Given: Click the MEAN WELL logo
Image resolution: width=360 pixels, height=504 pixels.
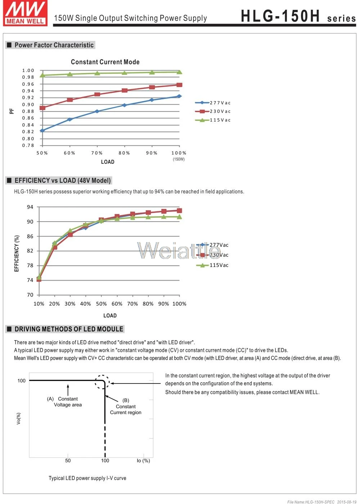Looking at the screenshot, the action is tap(25, 13).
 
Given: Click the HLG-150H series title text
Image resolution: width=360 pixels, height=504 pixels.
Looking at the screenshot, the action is tap(298, 16).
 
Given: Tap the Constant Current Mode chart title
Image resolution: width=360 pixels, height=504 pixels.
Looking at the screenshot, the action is tap(105, 62).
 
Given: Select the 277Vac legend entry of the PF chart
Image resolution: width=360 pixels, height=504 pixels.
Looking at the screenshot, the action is tap(213, 103).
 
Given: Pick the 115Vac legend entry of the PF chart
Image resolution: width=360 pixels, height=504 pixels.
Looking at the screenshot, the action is tap(213, 120).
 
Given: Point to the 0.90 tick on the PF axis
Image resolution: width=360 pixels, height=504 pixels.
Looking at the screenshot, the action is tap(28, 105).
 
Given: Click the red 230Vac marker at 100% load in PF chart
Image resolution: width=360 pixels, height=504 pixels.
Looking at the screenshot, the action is tap(179, 85).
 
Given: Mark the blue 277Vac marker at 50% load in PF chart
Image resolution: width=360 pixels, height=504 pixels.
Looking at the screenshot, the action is tap(42, 131).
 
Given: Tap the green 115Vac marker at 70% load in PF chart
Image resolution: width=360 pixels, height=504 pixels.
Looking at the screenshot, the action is tap(97, 73).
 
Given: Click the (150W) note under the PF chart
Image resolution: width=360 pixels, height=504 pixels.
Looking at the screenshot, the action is tap(179, 159).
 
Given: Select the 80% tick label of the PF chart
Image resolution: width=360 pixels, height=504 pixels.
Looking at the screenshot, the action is tap(124, 153).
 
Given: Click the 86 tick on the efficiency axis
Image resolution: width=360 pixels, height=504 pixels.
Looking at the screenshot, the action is tap(30, 236).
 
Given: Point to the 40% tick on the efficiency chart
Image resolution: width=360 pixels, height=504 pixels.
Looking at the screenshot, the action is tap(86, 304).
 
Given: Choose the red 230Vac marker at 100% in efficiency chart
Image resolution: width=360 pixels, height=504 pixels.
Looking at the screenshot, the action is tap(179, 210).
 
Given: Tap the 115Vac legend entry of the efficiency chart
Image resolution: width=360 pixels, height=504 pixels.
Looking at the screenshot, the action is tap(212, 265).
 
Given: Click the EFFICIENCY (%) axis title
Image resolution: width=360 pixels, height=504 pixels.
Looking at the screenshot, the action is tap(17, 254).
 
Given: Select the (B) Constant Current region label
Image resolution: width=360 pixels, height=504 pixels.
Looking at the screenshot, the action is tap(126, 407).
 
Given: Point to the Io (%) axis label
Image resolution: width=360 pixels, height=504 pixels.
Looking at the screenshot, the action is tap(143, 460).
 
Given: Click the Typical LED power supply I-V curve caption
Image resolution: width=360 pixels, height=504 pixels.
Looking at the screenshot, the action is tap(87, 478).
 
